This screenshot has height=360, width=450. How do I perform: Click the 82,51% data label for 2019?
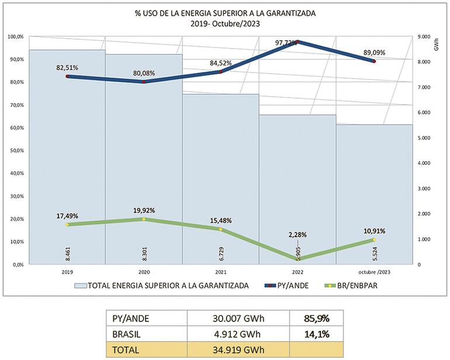tap(67, 68)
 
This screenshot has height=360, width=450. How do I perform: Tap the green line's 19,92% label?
tap(144, 210)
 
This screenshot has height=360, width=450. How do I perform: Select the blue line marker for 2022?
tap(297, 42)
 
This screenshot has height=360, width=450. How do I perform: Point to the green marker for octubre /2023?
tap(374, 240)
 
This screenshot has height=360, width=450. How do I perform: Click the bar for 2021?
tap(220, 175)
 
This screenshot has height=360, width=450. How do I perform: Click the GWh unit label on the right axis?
tap(437, 45)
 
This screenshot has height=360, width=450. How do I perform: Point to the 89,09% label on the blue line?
tap(375, 52)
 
